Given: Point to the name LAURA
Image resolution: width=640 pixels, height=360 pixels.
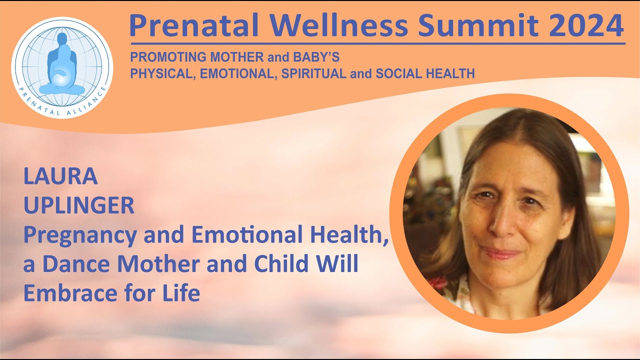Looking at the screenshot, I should point(60,177).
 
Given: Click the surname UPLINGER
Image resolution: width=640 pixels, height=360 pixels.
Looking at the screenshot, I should point(78,206).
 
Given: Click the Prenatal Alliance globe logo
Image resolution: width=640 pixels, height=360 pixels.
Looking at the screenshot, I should point(62,67).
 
